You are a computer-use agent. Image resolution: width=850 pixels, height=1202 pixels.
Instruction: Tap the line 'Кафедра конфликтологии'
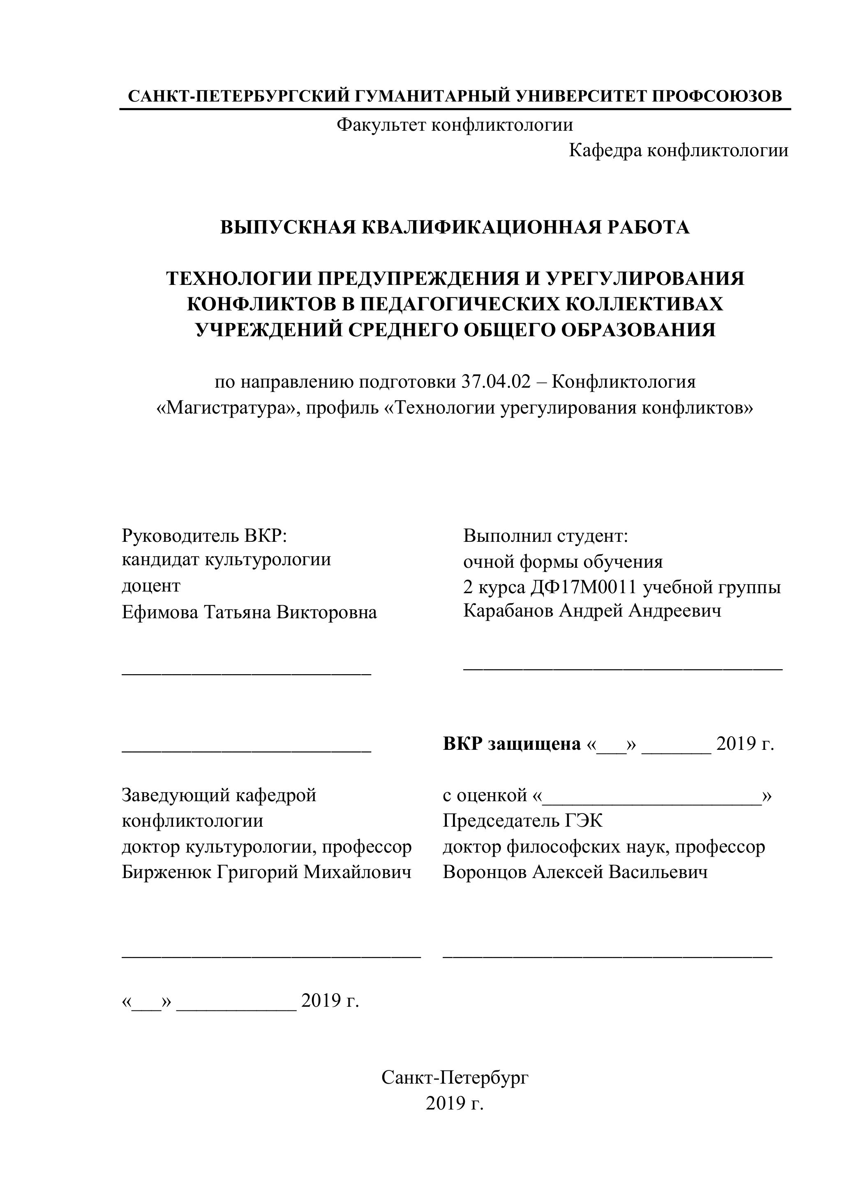678,151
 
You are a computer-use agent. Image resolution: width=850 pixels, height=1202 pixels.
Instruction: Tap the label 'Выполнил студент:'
545,536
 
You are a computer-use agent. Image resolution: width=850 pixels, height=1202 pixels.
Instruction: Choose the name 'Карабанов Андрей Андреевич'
592,611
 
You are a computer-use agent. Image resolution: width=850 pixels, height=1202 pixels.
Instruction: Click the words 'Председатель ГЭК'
522,821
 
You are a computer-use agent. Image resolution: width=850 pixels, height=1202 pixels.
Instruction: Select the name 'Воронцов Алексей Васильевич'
575,872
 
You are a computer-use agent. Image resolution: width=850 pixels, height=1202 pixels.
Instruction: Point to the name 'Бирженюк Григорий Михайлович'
266,872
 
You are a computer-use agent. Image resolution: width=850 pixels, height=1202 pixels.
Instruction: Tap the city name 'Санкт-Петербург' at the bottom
455,1077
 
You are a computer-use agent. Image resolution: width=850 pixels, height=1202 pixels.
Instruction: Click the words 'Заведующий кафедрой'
219,795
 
